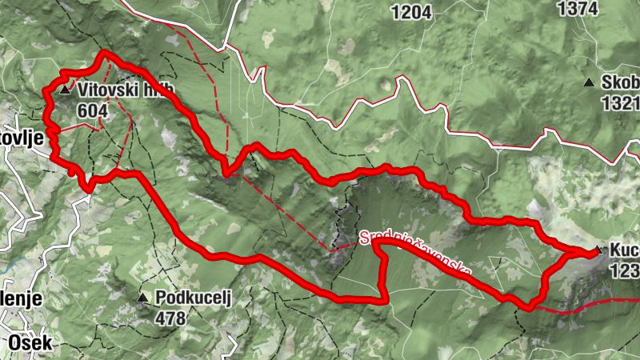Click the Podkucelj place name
[193, 298]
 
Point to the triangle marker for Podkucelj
[142, 298]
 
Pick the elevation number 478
[170, 318]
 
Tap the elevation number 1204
[412, 11]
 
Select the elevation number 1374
[578, 8]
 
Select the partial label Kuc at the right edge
[624, 250]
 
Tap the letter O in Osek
[15, 342]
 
